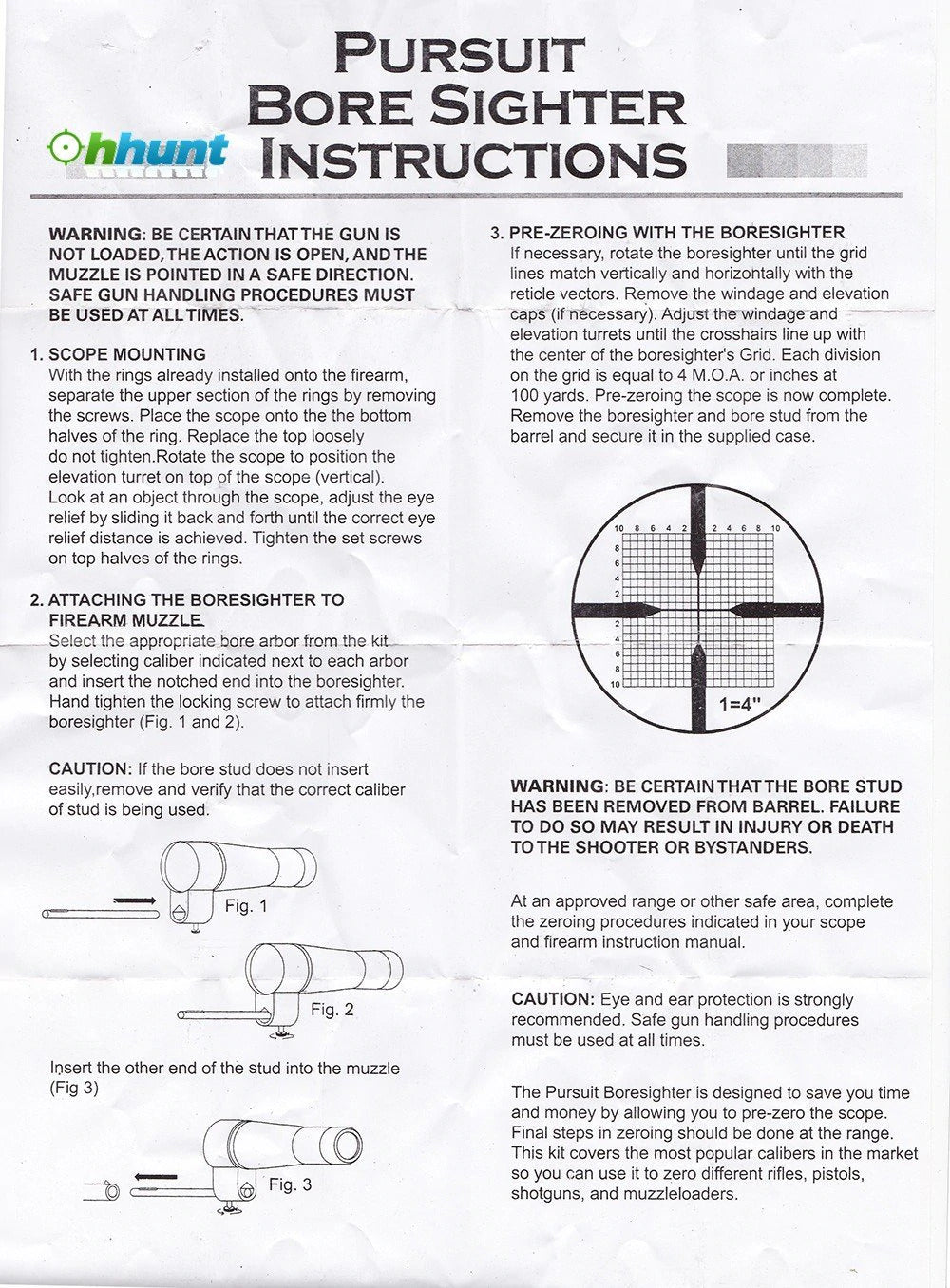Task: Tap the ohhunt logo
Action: (x=138, y=150)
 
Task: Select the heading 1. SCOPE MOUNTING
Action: (x=118, y=354)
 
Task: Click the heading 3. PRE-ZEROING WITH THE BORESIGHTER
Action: (x=667, y=233)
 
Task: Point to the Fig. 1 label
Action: (x=246, y=906)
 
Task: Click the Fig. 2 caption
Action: (x=332, y=1009)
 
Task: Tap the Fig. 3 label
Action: (x=290, y=1184)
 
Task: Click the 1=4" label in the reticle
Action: (x=740, y=705)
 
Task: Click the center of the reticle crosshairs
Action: (x=698, y=608)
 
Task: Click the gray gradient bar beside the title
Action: (x=796, y=161)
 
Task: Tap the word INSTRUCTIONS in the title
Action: (x=472, y=159)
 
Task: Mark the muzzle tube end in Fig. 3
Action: (x=107, y=1191)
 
